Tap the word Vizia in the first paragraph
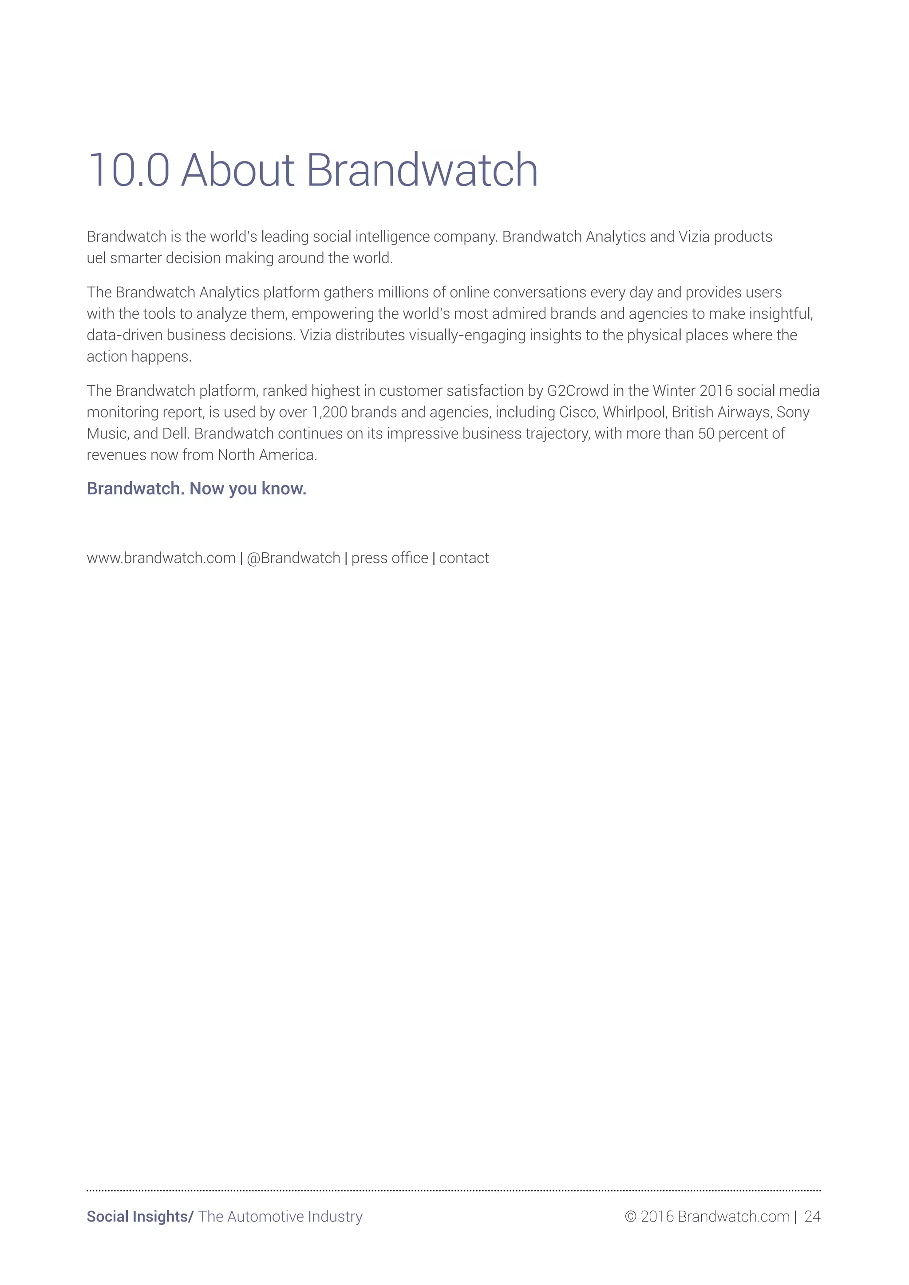pyautogui.click(x=694, y=237)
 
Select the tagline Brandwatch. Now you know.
pyautogui.click(x=197, y=489)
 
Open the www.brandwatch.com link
pyautogui.click(x=161, y=558)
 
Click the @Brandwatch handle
pyautogui.click(x=293, y=558)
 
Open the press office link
pyautogui.click(x=390, y=558)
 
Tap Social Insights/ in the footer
pyautogui.click(x=140, y=1216)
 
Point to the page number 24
pyautogui.click(x=812, y=1216)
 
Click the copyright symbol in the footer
pyautogui.click(x=631, y=1217)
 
